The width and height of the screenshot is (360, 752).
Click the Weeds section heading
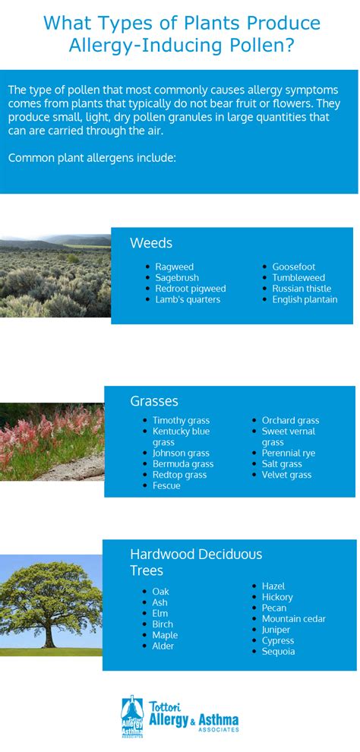(151, 243)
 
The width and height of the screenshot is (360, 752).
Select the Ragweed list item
(175, 267)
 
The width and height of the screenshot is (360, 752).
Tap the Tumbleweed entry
(298, 278)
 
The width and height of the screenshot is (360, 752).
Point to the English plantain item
(305, 300)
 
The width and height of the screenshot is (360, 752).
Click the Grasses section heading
(154, 401)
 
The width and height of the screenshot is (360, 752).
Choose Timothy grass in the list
(182, 421)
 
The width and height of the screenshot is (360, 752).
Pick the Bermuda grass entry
(183, 464)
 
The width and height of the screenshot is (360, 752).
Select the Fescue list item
(167, 486)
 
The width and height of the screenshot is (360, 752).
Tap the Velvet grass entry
(286, 476)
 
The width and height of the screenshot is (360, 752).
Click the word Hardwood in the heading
(156, 555)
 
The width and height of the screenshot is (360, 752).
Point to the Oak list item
(161, 592)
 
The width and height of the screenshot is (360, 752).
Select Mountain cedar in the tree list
(294, 619)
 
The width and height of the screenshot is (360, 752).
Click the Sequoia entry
(279, 652)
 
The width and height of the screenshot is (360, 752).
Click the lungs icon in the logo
(132, 716)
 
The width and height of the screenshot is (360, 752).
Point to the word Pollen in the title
(264, 46)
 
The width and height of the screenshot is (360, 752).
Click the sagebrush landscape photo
(55, 276)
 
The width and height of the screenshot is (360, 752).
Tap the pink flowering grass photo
(52, 441)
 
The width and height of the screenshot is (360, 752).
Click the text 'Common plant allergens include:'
(93, 158)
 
